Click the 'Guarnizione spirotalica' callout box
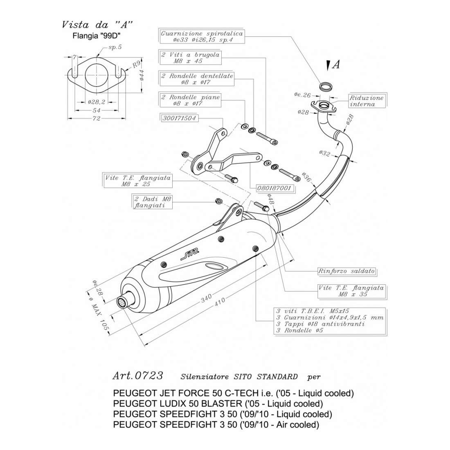coord(202,37)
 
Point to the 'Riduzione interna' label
coord(367,101)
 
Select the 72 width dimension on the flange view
coord(96,119)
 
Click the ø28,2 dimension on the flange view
coord(97,102)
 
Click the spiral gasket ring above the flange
coord(326,86)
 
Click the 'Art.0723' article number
coord(137,376)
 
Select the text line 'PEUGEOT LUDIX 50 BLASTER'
coord(218,404)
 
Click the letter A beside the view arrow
coord(336,65)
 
